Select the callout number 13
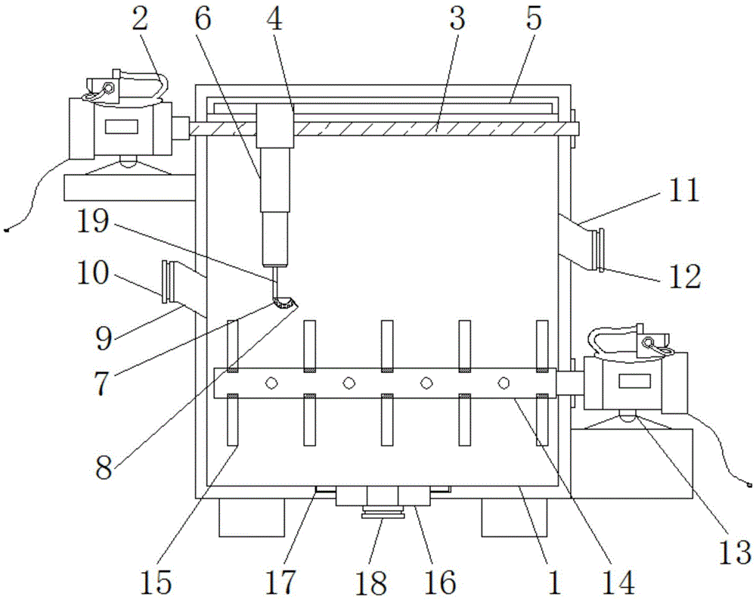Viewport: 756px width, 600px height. tap(735, 552)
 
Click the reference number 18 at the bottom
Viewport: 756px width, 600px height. tap(370, 582)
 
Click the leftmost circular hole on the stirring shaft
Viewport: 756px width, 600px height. tap(271, 384)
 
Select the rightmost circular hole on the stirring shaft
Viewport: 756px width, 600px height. tap(503, 384)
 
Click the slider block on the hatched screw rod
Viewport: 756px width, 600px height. tap(275, 126)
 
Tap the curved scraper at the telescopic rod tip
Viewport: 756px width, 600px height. tap(285, 303)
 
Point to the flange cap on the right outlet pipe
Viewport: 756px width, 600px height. tap(600, 250)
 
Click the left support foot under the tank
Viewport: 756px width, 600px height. tap(252, 517)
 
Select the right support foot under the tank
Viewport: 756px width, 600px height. tap(514, 517)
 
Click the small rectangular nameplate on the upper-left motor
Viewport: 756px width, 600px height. tap(122, 127)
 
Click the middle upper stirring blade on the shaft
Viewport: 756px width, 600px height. tap(386, 346)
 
